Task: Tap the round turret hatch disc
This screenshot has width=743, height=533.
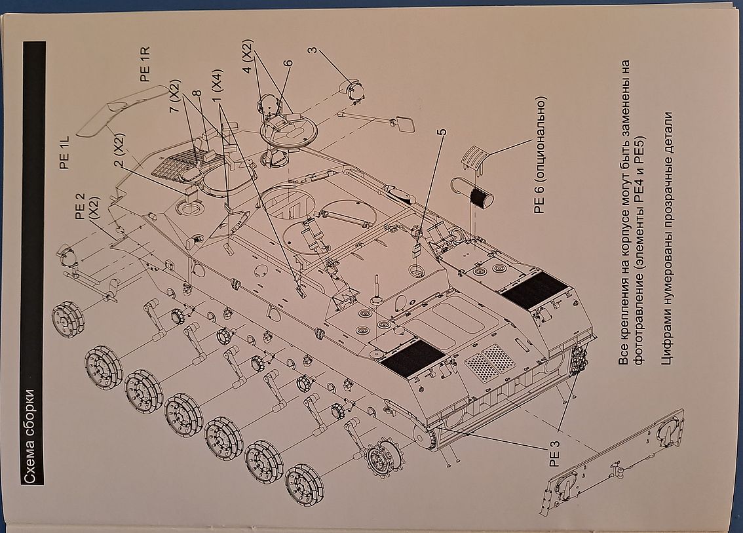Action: point(289,132)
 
